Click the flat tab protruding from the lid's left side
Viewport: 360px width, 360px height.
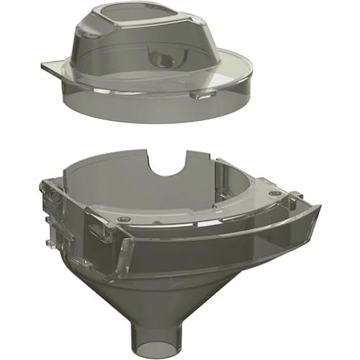(x=53, y=68)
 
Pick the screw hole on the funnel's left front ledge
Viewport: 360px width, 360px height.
(x=125, y=217)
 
